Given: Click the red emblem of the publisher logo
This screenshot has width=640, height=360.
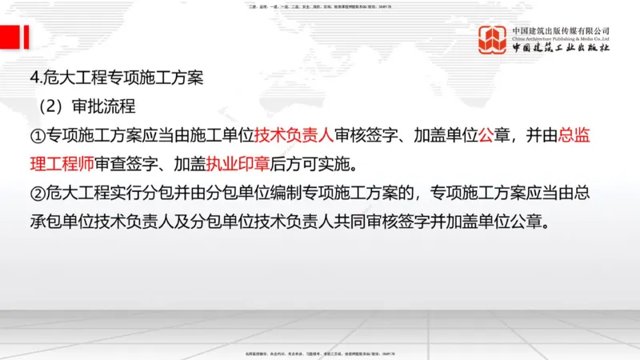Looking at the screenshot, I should point(493,41).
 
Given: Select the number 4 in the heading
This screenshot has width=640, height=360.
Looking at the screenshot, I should point(32,78).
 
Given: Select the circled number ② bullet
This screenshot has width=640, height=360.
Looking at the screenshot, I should point(36,194).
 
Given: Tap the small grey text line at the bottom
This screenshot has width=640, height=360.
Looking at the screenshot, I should point(320,353).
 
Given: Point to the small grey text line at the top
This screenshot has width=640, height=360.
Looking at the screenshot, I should point(320,6).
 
